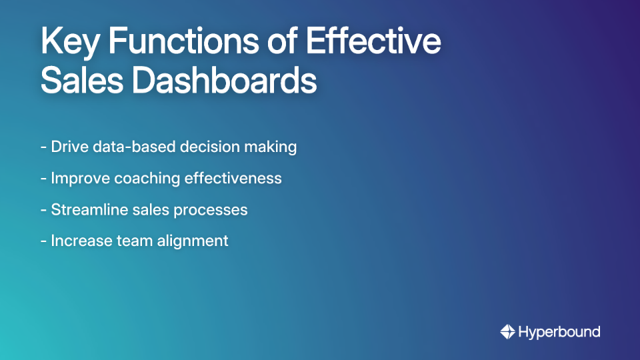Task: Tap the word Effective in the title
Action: coord(373,42)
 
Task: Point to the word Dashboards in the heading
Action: coord(224,81)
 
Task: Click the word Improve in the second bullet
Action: coord(80,179)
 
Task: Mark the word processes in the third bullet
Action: coord(211,209)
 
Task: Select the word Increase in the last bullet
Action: coord(79,241)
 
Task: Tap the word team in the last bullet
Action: coord(133,241)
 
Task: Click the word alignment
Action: coord(193,241)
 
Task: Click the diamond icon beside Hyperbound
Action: coord(507,331)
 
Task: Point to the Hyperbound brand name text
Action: coord(559,331)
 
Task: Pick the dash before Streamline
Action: coord(43,210)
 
